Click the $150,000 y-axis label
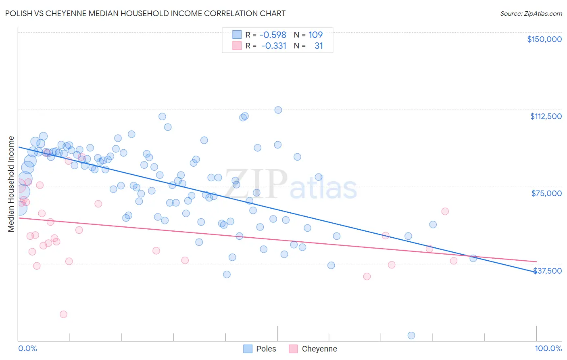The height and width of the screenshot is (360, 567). [544, 39]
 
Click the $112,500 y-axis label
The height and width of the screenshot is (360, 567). [546, 116]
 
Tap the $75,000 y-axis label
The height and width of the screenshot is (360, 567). [546, 193]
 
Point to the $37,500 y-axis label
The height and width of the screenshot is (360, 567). [547, 271]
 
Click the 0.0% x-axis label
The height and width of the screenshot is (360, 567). [27, 348]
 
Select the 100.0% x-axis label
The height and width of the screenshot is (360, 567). [548, 348]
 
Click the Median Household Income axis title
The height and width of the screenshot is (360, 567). [11, 184]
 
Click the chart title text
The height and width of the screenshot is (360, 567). [145, 13]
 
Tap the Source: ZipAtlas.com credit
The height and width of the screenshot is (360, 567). [531, 14]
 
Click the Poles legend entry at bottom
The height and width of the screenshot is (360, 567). [260, 349]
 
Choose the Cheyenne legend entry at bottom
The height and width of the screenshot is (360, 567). [313, 349]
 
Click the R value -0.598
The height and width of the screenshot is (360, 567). [273, 35]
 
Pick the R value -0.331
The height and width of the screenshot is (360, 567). [273, 46]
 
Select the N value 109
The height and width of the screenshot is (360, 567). [315, 35]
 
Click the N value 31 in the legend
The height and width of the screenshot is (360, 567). [319, 46]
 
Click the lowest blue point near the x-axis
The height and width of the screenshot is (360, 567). [411, 335]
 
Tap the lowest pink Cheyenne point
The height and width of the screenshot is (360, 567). [63, 314]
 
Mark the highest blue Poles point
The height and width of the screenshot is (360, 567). [278, 110]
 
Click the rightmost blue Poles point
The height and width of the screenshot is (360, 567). [473, 258]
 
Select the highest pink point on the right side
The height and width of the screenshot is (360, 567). [445, 211]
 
